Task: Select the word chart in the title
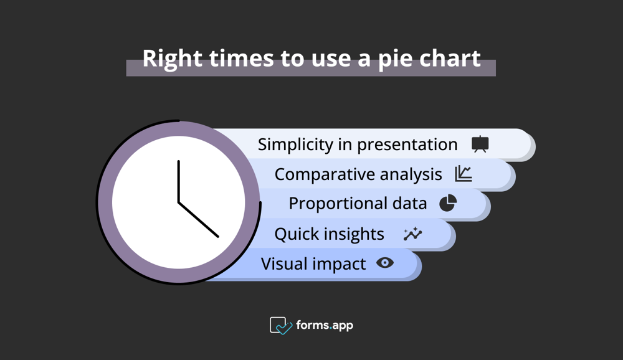[x=450, y=59]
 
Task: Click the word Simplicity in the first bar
[x=296, y=144]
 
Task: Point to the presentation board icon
[x=480, y=144]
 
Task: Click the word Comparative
[x=323, y=174]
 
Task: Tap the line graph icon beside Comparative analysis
[x=463, y=174]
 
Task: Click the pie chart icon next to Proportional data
[x=448, y=203]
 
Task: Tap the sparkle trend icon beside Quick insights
[x=412, y=234]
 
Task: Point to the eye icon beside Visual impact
[x=385, y=263]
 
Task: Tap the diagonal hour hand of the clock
[x=199, y=220]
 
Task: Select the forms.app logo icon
[x=280, y=325]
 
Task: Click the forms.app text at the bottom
[x=325, y=325]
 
